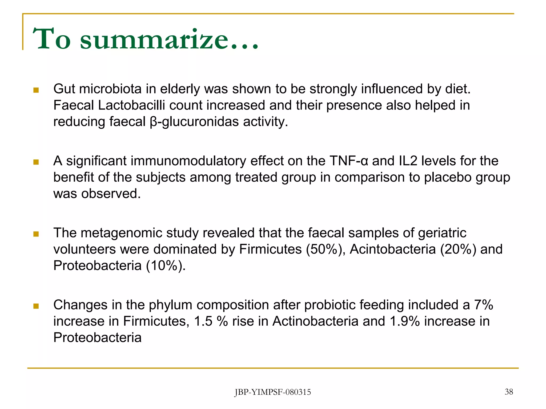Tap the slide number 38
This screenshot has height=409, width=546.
point(509,392)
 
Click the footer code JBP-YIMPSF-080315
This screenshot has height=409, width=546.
point(272,392)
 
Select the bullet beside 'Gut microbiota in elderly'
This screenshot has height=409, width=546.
point(36,90)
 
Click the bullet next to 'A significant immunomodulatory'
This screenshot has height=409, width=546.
point(36,162)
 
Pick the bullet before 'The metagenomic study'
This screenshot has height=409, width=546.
point(36,234)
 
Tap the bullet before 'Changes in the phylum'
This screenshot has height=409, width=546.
point(36,306)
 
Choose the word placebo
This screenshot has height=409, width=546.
point(448,178)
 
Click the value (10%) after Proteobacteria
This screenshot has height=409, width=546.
point(165,266)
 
